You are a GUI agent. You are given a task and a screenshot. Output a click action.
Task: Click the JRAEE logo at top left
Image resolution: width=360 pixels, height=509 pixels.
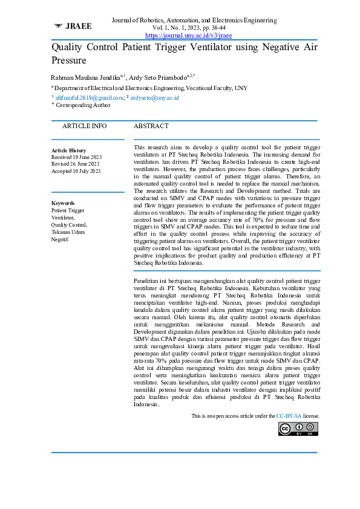click(x=73, y=27)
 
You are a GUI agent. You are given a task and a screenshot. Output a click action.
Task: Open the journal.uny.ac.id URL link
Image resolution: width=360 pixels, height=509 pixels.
click(x=189, y=36)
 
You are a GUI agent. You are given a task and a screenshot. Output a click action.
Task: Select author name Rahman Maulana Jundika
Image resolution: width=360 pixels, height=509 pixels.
click(x=85, y=78)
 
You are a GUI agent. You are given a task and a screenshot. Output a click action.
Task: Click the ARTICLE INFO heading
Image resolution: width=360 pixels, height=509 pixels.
click(x=84, y=126)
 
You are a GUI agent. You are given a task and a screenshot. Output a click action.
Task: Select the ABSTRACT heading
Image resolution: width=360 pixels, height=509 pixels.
click(x=151, y=126)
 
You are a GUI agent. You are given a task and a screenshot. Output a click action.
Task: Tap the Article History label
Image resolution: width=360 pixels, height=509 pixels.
click(x=68, y=151)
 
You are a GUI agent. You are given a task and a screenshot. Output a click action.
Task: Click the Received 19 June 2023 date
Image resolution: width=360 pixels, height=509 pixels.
click(x=76, y=157)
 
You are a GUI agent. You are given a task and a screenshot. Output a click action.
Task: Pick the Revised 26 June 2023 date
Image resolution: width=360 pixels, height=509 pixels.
click(x=76, y=164)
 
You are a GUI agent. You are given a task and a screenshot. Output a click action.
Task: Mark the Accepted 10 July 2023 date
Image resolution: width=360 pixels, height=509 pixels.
click(x=76, y=171)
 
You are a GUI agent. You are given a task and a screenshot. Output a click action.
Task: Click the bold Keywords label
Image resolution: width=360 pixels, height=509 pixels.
click(x=63, y=203)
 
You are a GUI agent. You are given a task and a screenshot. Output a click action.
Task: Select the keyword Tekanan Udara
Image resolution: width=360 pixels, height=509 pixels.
click(x=68, y=232)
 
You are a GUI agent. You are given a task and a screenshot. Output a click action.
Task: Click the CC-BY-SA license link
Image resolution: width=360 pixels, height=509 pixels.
click(x=289, y=417)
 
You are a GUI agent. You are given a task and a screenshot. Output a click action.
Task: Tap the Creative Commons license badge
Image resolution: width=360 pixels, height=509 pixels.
click(x=299, y=429)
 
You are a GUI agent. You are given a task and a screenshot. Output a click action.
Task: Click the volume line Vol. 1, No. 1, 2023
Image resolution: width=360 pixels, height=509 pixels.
click(x=189, y=28)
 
